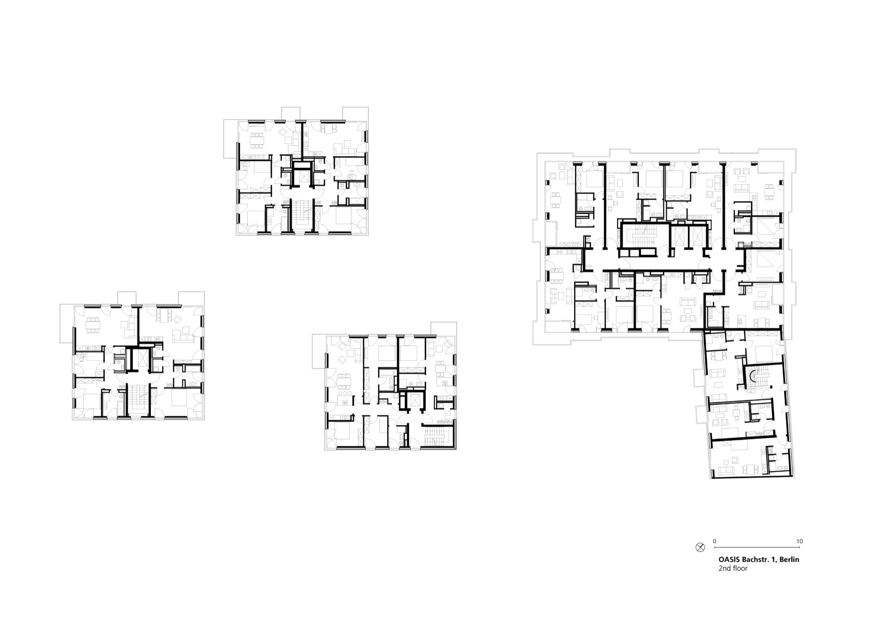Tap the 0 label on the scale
pos(714,541)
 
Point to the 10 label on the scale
pos(799,541)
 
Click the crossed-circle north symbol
pos(700,547)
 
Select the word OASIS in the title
pos(729,559)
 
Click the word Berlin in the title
pos(789,559)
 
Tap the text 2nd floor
pos(733,569)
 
